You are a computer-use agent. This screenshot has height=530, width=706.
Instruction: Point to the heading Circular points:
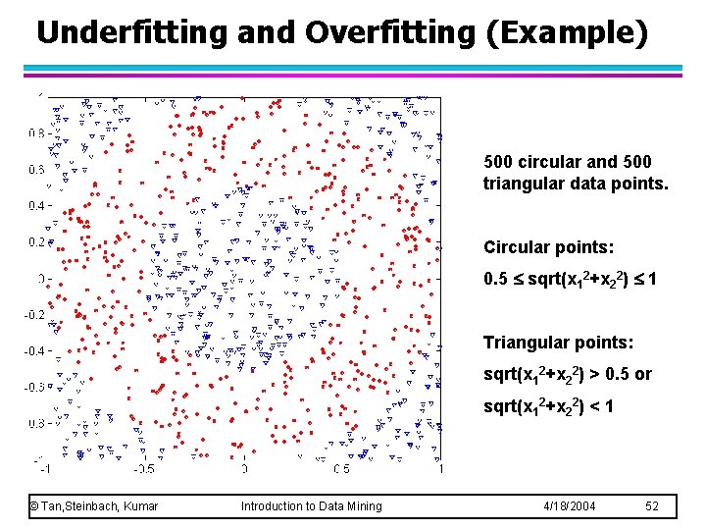[540, 247]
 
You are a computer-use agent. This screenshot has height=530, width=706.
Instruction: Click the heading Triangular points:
[549, 343]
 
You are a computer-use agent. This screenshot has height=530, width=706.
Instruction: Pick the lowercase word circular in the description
[554, 161]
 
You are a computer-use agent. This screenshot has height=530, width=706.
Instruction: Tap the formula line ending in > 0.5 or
[568, 374]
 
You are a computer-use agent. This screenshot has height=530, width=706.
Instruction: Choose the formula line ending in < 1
[548, 405]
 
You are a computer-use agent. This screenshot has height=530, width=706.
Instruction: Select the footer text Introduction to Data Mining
[311, 506]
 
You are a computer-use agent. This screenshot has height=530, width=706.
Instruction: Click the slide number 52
[653, 506]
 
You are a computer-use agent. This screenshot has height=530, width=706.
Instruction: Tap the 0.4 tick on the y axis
[40, 205]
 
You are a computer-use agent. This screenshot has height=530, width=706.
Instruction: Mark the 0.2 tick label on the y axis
[40, 241]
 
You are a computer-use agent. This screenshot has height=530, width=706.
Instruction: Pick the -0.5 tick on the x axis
[144, 468]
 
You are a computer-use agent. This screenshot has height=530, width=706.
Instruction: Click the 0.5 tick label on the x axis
[342, 468]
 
